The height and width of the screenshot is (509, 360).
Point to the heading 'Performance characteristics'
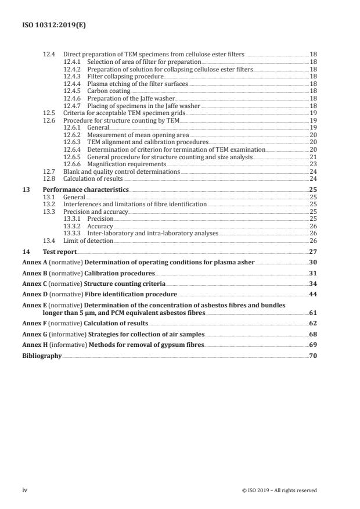[x=86, y=190]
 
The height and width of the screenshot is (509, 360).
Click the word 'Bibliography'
[x=42, y=356]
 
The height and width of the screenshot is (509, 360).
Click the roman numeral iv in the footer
[x=25, y=490]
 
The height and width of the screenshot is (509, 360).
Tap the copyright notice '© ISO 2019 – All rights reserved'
[x=279, y=490]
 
